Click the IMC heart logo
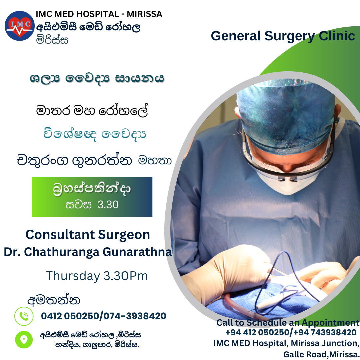click(20, 26)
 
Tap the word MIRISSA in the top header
click(144, 14)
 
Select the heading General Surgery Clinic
click(283, 36)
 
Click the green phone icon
click(24, 316)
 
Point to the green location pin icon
click(24, 340)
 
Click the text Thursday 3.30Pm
click(97, 276)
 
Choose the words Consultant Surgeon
click(87, 235)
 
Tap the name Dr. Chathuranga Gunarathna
click(88, 252)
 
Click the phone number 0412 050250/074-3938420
click(104, 316)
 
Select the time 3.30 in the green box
click(108, 205)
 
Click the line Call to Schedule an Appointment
click(288, 323)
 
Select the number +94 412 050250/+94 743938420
click(291, 332)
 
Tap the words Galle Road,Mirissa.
click(321, 354)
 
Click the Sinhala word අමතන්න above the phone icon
click(54, 300)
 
